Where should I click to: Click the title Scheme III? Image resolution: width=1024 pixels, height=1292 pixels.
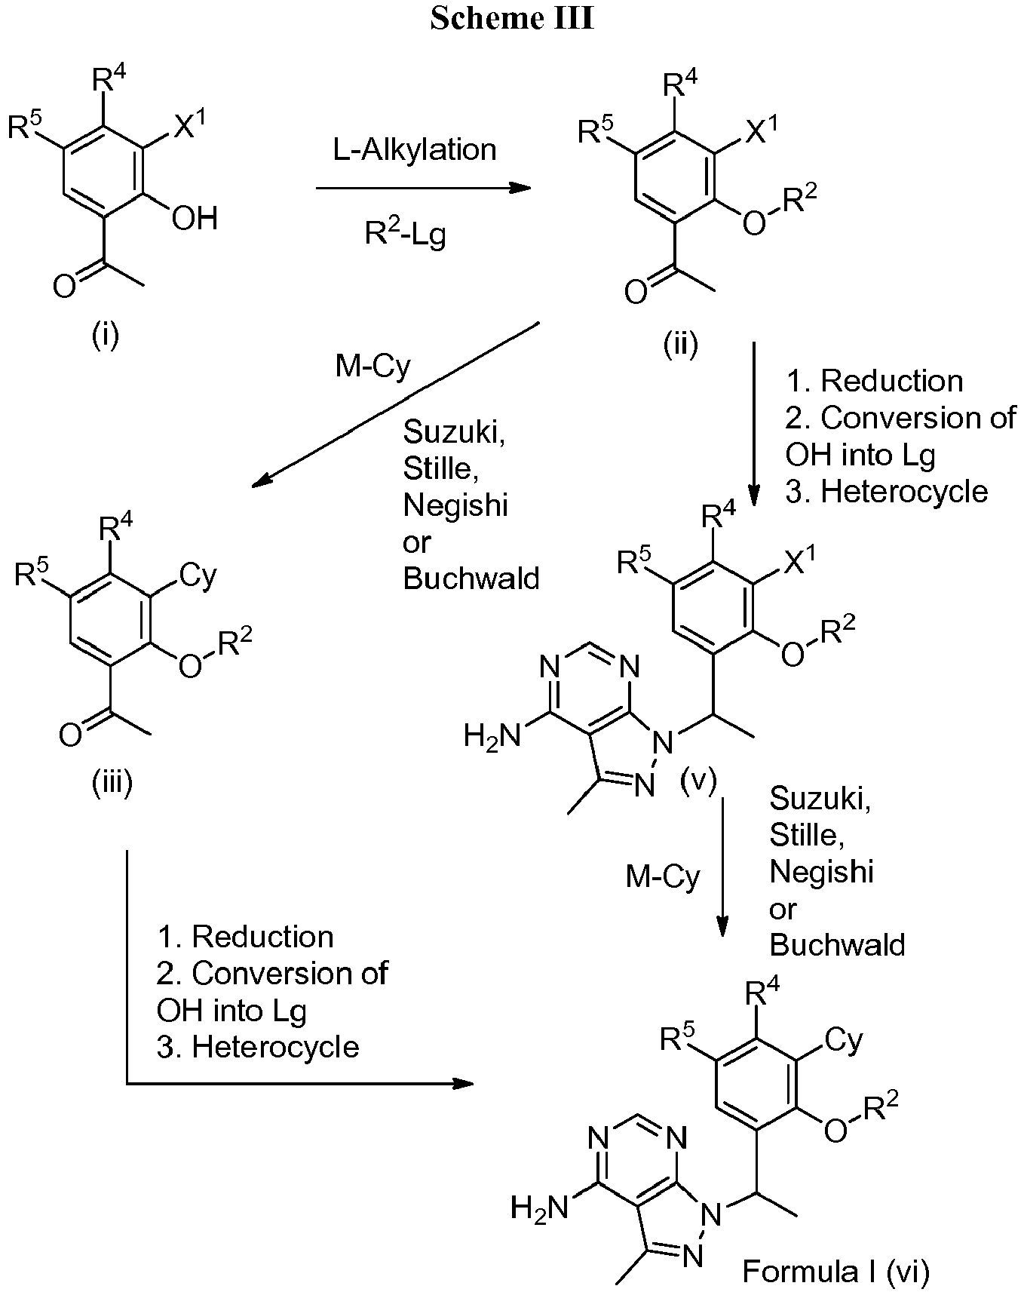(x=512, y=18)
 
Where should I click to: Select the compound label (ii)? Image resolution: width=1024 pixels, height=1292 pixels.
(x=680, y=344)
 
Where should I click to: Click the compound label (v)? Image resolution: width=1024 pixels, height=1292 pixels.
(x=697, y=781)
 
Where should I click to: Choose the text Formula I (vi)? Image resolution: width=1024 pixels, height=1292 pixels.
(x=836, y=1272)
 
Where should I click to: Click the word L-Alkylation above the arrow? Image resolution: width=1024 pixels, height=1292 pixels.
(x=415, y=149)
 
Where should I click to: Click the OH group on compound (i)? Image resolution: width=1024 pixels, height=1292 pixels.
(x=195, y=219)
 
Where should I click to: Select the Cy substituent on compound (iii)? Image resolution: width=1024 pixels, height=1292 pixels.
(x=198, y=576)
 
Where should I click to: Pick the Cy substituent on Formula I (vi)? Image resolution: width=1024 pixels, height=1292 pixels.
(x=844, y=1041)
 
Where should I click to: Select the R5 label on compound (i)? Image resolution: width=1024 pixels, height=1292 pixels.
(x=27, y=125)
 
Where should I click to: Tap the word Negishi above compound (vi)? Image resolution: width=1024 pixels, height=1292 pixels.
(x=821, y=871)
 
